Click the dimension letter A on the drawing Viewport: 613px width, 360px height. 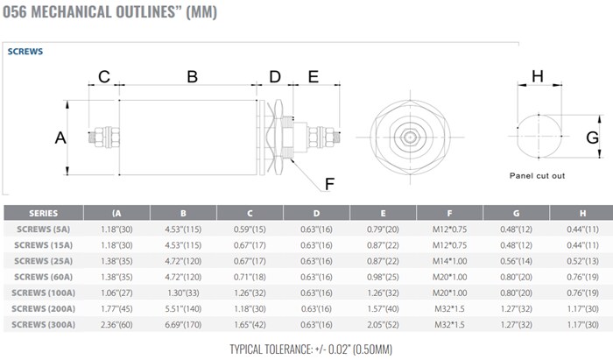60,138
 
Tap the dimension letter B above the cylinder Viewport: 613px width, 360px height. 192,76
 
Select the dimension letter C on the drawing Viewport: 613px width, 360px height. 103,76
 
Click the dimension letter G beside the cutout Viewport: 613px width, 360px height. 592,137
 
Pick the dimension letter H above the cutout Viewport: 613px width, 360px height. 537,76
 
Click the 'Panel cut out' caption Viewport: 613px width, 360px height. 537,175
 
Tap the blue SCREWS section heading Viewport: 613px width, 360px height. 25,52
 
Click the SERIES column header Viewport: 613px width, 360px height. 44,213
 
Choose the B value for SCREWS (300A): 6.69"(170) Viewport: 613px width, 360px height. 184,324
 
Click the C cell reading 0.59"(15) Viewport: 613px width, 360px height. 250,229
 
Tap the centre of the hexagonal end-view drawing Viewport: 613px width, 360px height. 407,137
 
